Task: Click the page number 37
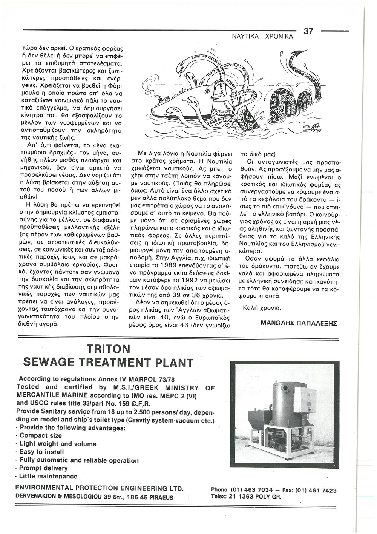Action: point(308,31)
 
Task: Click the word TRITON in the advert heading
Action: point(108,348)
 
